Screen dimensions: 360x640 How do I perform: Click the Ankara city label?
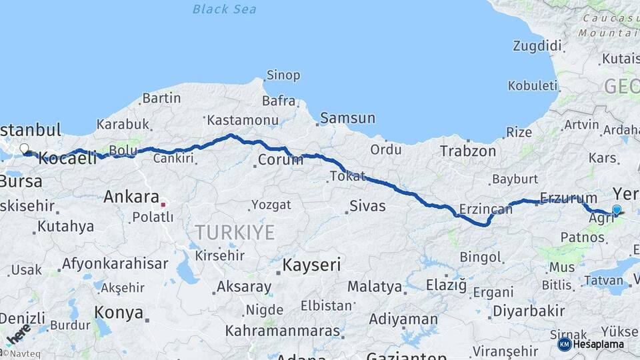click(x=131, y=197)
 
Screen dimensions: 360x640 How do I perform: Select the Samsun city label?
click(x=347, y=118)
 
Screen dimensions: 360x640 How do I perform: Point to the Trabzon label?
click(x=468, y=151)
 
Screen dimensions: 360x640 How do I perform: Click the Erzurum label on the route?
click(x=569, y=198)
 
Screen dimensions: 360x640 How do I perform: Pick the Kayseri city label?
click(x=311, y=265)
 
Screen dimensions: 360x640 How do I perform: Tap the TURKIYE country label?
click(x=235, y=232)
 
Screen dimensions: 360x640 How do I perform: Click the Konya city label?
click(x=119, y=313)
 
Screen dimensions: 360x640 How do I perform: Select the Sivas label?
click(x=368, y=205)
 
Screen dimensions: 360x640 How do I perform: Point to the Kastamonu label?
click(x=242, y=121)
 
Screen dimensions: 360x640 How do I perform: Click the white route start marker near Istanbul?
click(x=24, y=149)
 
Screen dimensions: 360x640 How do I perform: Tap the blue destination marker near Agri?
click(x=617, y=210)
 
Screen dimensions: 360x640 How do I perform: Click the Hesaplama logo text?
click(x=599, y=344)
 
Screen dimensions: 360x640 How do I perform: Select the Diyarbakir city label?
click(x=528, y=311)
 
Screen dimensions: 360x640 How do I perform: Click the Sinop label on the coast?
click(x=283, y=75)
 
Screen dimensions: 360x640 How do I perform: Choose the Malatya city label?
click(x=375, y=287)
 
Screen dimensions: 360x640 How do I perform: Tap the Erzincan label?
click(x=485, y=210)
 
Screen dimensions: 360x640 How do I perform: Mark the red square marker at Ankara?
click(x=163, y=203)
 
